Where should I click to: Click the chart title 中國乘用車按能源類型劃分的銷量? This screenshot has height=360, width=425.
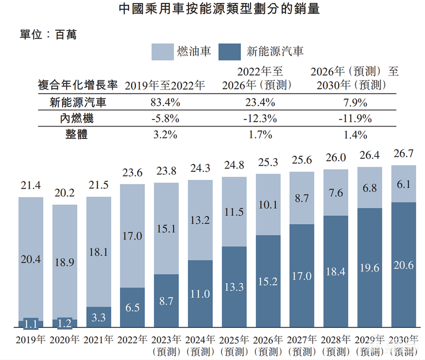point(212,9)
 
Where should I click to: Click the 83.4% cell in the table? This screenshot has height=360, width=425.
point(164,103)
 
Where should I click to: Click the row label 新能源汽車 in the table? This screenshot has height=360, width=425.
point(77,103)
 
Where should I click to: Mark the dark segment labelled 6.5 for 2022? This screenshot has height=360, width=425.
point(132,307)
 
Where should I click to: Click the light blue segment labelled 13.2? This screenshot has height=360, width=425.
point(200,220)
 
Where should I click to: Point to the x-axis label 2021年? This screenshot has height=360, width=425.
point(98,339)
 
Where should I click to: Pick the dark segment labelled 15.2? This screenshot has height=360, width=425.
point(268,281)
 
